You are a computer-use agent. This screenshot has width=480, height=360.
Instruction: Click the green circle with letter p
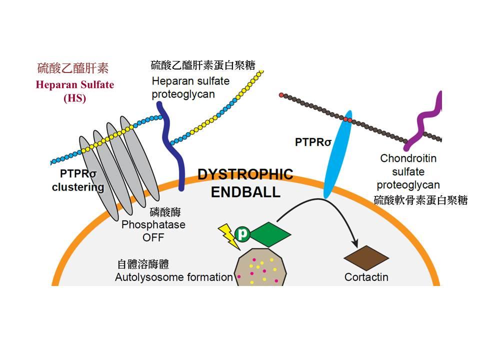243,234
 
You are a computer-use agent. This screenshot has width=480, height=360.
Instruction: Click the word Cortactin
366,277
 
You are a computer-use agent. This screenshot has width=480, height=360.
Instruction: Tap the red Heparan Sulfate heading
74,84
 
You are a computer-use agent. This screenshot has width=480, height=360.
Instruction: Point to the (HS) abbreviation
74,98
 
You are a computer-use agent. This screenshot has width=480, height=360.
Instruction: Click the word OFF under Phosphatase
153,237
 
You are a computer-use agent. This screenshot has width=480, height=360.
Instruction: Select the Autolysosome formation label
174,277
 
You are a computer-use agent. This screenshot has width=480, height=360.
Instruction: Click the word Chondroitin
408,158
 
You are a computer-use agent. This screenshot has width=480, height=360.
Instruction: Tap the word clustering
78,188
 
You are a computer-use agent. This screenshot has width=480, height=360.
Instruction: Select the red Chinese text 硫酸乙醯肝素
73,68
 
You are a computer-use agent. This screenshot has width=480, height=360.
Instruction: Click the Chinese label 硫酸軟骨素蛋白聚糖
420,200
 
